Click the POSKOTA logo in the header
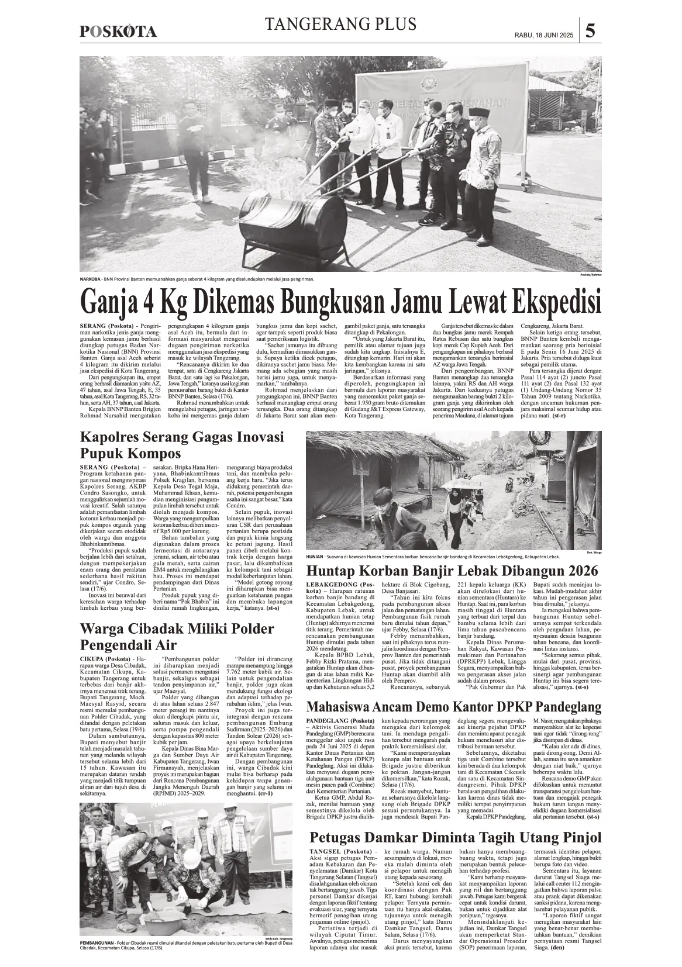118,32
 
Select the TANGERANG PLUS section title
341,24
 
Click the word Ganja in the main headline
109,302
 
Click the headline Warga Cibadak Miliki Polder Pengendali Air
177,637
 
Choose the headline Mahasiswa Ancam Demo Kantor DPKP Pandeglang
454,707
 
